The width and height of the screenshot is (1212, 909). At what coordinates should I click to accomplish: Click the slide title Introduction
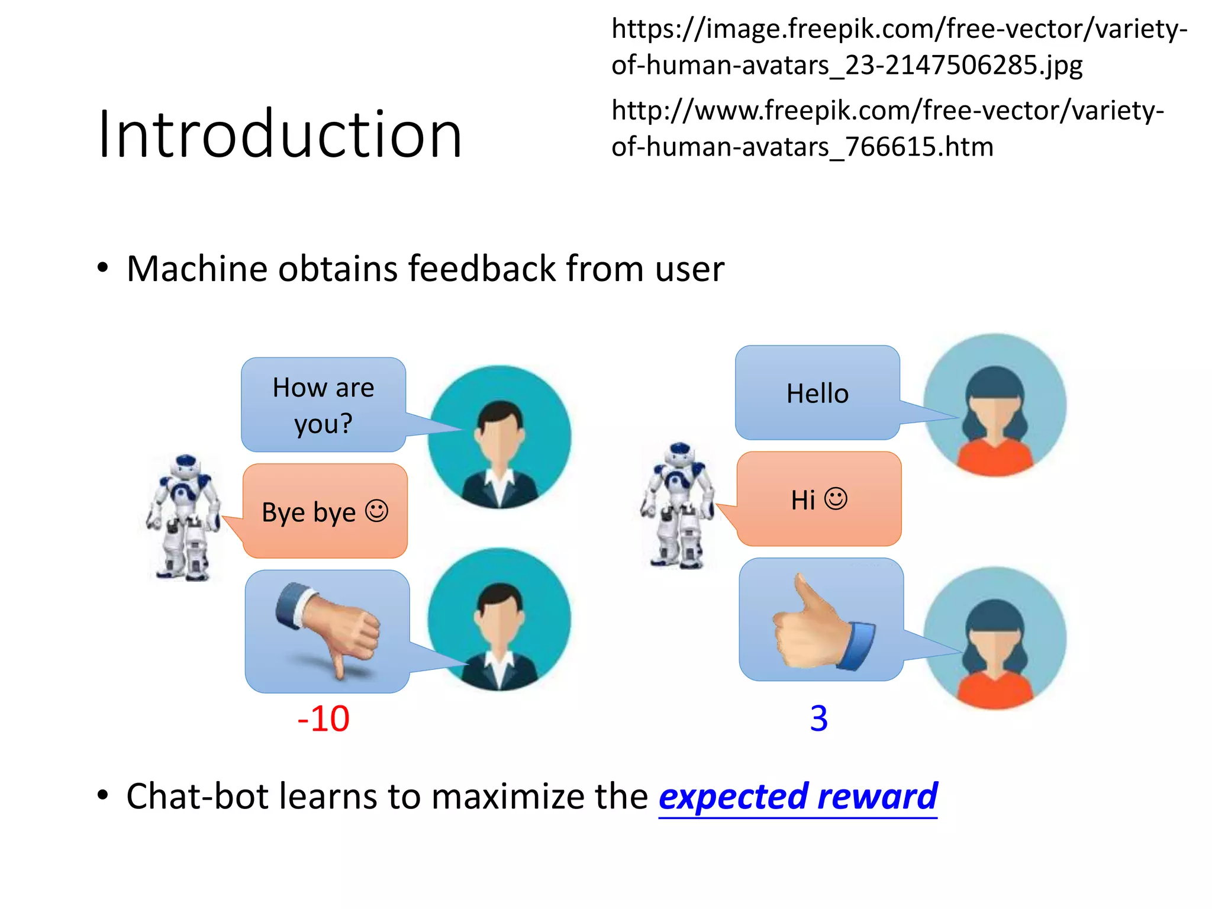pos(279,135)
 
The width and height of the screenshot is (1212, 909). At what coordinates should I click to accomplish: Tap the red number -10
pos(323,718)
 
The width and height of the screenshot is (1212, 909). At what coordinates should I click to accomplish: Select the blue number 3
pos(818,718)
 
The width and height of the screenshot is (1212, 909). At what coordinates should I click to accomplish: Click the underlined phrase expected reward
pos(798,796)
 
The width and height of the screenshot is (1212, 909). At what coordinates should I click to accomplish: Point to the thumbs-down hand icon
pos(328,628)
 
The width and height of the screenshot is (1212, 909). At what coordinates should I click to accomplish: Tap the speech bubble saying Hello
pos(817,393)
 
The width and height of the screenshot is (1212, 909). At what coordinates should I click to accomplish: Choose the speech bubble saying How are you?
pos(323,405)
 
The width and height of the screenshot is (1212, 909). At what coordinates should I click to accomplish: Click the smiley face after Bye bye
pos(376,511)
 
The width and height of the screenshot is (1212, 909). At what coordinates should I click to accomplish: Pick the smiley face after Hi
pos(836,498)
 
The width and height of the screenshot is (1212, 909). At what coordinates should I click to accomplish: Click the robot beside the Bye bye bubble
pos(184,517)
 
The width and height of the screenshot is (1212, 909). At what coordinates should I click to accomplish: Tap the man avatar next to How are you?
pos(500,437)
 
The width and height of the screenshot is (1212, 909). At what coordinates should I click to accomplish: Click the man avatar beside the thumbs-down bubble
pos(500,620)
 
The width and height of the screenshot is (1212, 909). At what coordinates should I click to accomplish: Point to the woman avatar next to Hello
pos(995,405)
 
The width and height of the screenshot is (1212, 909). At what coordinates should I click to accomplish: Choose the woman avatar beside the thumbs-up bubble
pos(995,639)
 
